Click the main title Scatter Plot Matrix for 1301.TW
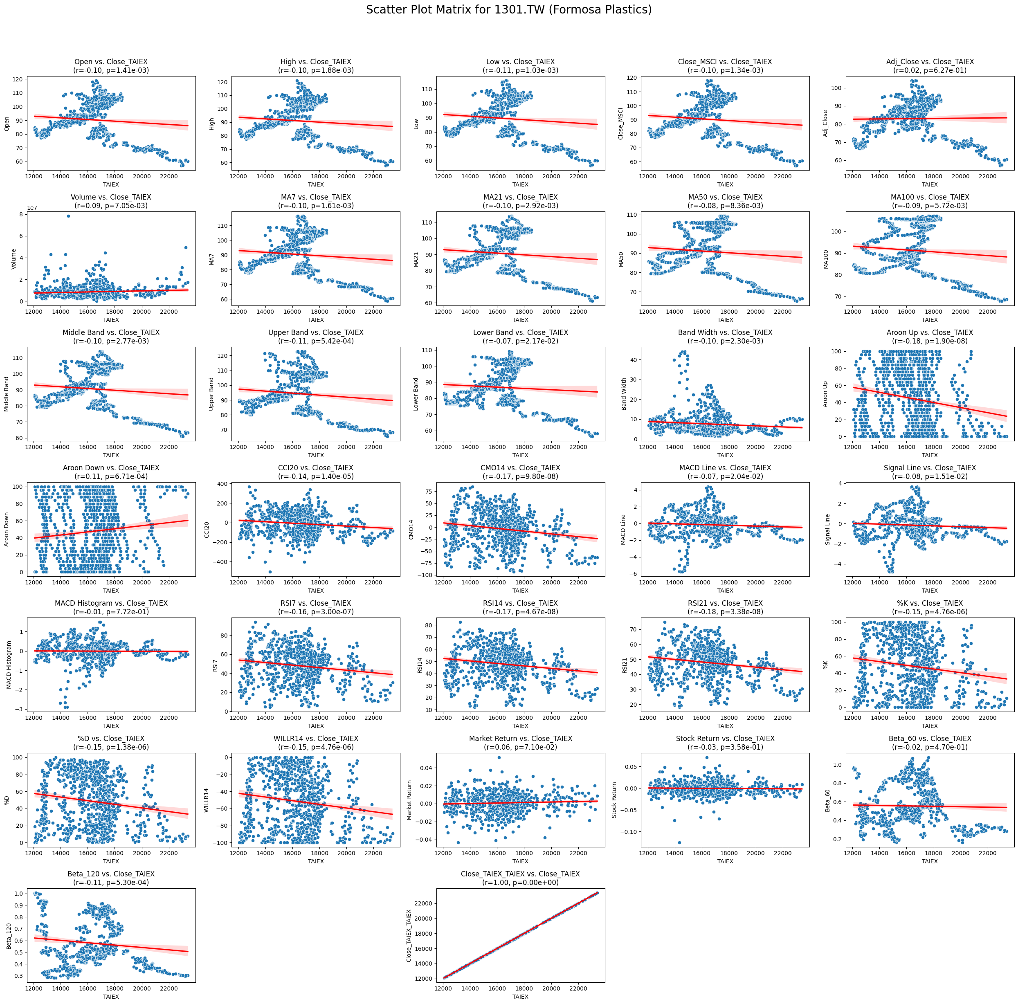pos(508,10)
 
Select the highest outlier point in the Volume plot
pos(68,216)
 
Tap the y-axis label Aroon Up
pos(826,394)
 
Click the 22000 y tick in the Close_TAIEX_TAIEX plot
pos(425,903)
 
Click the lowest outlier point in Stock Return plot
pos(679,843)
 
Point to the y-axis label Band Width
pos(624,394)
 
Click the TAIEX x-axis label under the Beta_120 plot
pos(111,997)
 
